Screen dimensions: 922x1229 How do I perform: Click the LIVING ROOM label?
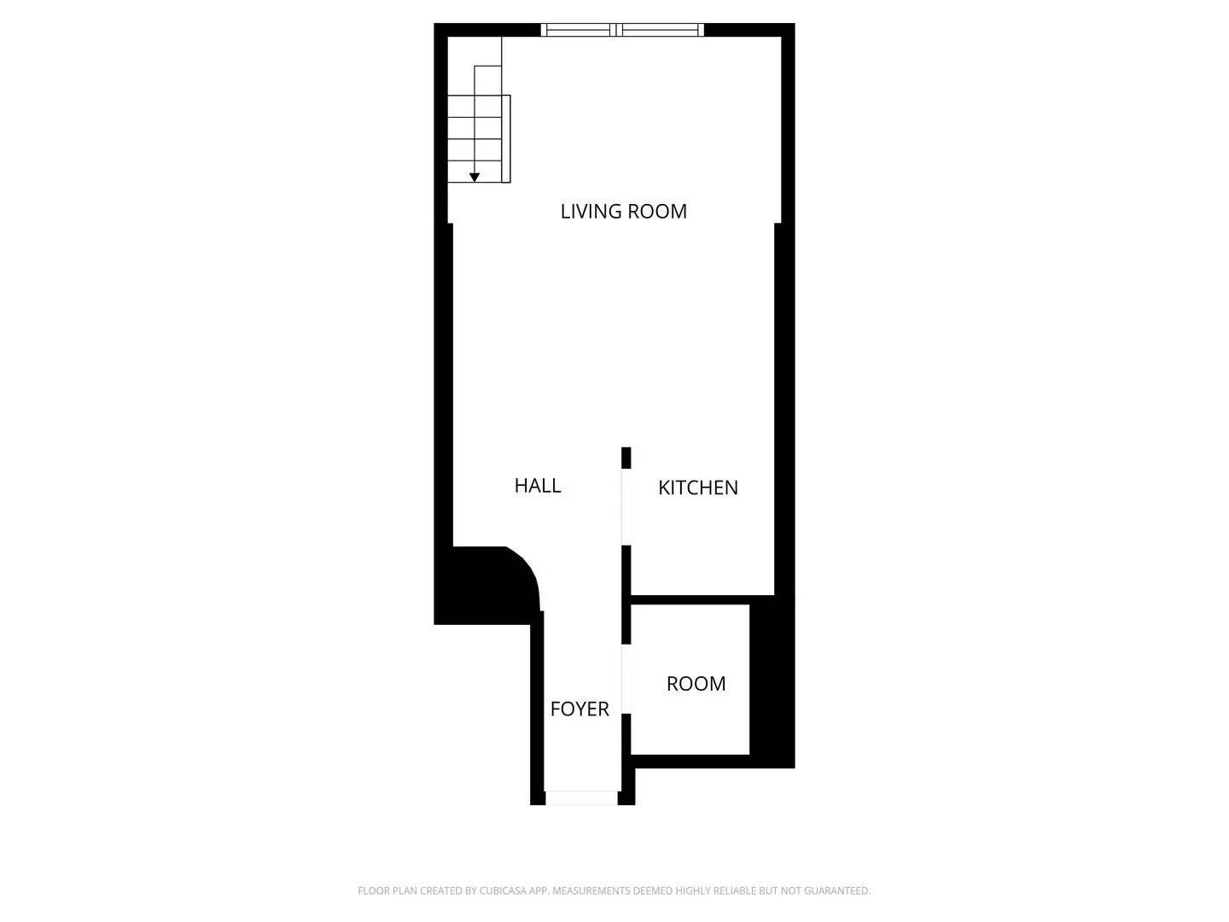tap(623, 212)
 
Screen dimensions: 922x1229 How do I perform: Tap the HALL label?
tap(538, 486)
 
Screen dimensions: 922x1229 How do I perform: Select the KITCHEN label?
tap(698, 487)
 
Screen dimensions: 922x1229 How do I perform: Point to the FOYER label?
tap(580, 709)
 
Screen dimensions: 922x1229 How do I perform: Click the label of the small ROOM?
tap(696, 684)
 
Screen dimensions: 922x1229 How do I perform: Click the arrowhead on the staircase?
tap(475, 178)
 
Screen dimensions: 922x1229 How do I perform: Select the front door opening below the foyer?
tap(581, 798)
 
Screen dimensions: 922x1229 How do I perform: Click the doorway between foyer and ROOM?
tap(626, 679)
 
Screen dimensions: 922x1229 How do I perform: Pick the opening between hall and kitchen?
tap(626, 507)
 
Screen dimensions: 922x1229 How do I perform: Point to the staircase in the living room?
tap(478, 128)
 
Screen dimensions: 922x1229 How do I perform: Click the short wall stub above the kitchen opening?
tap(626, 458)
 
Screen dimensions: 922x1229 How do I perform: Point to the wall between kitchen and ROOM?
tap(700, 599)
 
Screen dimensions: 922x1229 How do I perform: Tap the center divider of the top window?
tap(617, 31)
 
